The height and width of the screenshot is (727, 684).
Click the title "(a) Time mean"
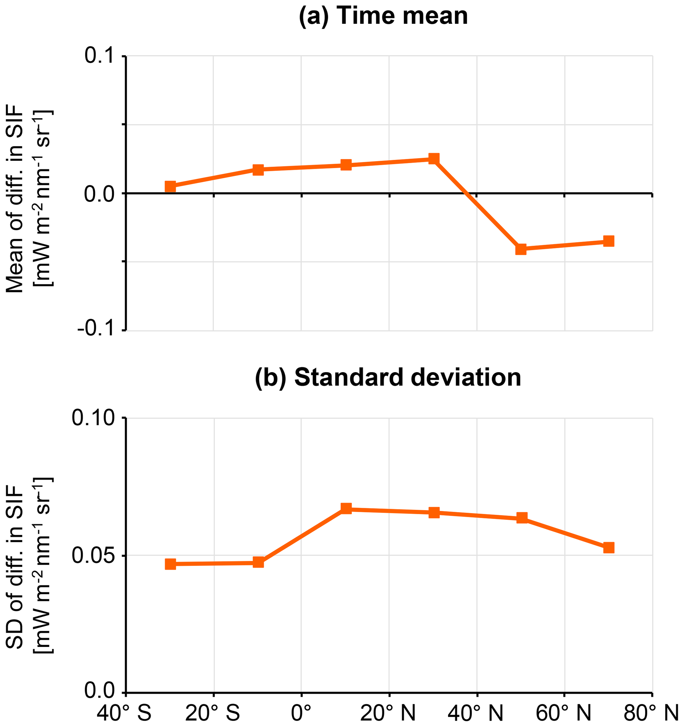pyautogui.click(x=383, y=17)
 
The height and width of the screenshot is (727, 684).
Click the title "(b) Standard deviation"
pyautogui.click(x=388, y=377)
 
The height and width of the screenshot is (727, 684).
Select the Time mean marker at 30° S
pyautogui.click(x=170, y=186)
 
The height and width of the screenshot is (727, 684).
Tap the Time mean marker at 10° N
pyautogui.click(x=346, y=165)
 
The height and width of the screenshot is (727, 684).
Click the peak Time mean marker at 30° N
pyautogui.click(x=433, y=159)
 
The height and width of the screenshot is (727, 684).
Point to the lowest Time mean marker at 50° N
pyautogui.click(x=521, y=249)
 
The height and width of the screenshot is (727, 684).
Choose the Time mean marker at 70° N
pyautogui.click(x=609, y=241)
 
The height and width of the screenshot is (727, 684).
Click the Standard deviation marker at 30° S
pyautogui.click(x=170, y=564)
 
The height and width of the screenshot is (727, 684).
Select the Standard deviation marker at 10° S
pyautogui.click(x=258, y=562)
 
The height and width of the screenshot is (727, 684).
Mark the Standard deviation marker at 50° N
pyautogui.click(x=522, y=518)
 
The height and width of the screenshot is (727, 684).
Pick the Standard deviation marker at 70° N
pyautogui.click(x=609, y=548)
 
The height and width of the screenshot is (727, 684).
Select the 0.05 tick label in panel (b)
pyautogui.click(x=94, y=556)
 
